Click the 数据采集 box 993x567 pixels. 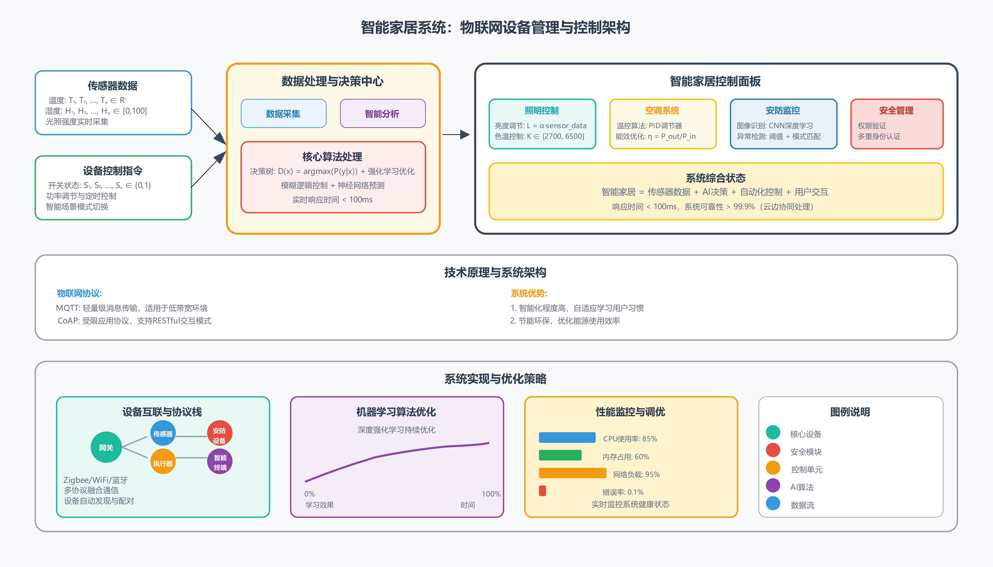(283, 114)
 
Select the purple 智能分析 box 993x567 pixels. (382, 114)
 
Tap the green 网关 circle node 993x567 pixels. (106, 447)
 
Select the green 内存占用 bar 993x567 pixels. (560, 455)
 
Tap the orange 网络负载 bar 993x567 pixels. (572, 473)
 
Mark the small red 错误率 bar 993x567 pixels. (542, 491)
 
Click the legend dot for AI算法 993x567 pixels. (773, 486)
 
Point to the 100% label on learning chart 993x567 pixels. (491, 494)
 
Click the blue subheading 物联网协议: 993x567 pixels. (79, 293)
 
